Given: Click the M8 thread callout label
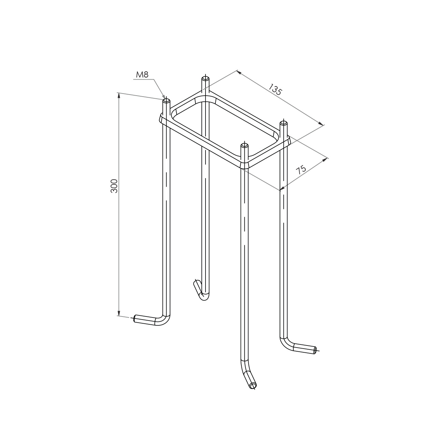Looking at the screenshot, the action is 142,74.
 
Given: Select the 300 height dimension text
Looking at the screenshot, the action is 114,186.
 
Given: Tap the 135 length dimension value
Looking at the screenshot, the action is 275,89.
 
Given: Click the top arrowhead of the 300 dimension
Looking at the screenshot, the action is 118,96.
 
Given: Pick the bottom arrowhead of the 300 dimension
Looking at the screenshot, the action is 118,313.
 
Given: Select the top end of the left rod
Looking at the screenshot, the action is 167,101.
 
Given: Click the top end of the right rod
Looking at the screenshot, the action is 284,123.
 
